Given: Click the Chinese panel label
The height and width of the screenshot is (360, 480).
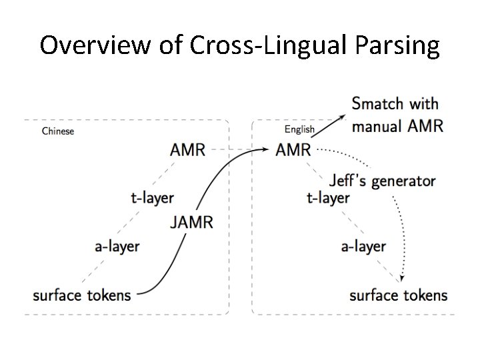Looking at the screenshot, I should coord(58,131).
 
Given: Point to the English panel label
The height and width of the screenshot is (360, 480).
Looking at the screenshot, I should coord(299,129).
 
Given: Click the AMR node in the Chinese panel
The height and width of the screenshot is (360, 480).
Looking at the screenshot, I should coord(188,149).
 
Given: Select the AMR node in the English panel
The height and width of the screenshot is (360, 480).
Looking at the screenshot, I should coord(293,149).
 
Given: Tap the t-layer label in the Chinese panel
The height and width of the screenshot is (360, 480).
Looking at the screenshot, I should coord(152,197).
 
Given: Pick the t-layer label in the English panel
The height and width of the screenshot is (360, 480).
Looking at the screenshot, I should coord(327,197).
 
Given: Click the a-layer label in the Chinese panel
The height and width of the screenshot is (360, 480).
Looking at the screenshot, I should coord(117,247).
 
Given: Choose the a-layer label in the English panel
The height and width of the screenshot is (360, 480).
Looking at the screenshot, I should coord(363,247).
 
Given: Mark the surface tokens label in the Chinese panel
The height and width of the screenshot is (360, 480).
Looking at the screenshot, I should coord(82,295).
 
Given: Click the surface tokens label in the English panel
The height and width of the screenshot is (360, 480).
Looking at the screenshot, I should coord(399,295).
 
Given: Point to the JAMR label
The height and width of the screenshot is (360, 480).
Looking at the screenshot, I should coord(192,222).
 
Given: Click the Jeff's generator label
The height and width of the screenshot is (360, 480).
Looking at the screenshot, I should coord(382,180).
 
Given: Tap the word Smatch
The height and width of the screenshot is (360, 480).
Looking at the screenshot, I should coord(377,103).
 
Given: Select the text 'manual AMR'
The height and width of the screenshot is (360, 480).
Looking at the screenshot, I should coord(397,125).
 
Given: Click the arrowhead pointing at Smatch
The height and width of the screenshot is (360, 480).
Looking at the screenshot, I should coord(343,116).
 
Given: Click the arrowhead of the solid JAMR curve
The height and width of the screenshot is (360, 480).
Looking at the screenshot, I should coord(268,149).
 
